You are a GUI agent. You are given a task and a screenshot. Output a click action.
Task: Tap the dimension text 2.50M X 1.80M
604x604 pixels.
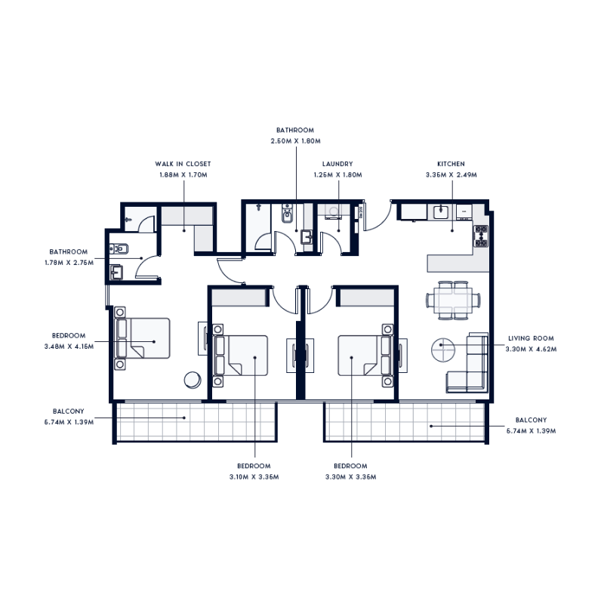click(296, 140)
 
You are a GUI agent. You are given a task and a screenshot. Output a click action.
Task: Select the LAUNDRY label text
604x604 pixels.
click(337, 164)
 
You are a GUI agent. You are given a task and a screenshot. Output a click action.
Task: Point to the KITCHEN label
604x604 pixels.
click(451, 164)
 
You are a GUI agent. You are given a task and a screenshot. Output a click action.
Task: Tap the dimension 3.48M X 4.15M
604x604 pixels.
click(69, 345)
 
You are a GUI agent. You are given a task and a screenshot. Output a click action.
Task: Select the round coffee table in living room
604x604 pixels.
click(442, 350)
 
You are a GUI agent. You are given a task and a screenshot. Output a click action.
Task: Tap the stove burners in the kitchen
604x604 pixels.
click(480, 236)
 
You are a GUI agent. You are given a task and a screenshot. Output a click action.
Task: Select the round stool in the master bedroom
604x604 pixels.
click(193, 380)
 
